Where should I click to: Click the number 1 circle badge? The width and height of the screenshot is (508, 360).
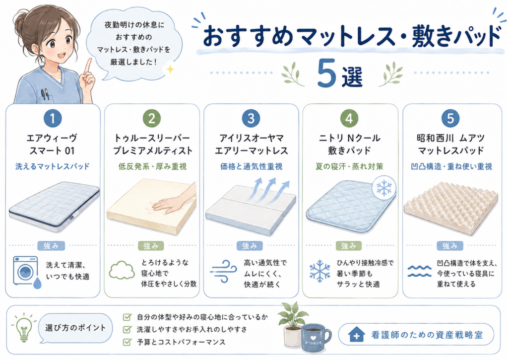click(53, 118)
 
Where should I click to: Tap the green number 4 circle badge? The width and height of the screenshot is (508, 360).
click(349, 118)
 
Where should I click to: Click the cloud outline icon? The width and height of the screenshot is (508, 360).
click(122, 270)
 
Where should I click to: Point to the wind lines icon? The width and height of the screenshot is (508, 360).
click(224, 271)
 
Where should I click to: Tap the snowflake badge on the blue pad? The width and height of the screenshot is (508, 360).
click(384, 188)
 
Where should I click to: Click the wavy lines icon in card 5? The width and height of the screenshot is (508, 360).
click(420, 271)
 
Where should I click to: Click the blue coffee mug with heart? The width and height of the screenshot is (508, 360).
click(315, 338)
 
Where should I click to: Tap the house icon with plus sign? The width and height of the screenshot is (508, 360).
click(356, 334)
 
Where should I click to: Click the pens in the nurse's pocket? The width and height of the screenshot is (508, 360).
click(45, 94)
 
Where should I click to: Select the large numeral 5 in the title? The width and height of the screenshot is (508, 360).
click(326, 73)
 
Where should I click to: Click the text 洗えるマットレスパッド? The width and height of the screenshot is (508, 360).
click(53, 166)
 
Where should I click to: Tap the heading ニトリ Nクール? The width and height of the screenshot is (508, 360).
click(350, 138)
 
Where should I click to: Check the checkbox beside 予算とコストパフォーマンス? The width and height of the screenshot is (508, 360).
click(127, 342)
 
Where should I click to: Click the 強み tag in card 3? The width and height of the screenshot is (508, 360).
click(250, 246)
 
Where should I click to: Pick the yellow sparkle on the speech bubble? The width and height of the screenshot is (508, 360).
click(170, 69)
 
